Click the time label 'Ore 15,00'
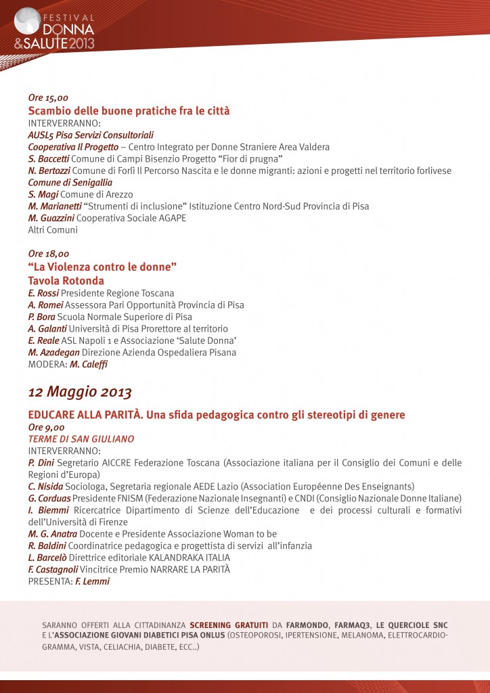pos(48,98)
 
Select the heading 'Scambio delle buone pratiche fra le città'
pos(129,110)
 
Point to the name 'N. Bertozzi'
pos(49,171)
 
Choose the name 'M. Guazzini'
pos(51,218)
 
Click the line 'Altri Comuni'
pos(53,230)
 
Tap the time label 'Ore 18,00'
pos(48,254)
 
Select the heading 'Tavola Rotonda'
pos(66,280)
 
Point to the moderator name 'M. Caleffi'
pos(89,364)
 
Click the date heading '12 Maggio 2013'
pos(80,392)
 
